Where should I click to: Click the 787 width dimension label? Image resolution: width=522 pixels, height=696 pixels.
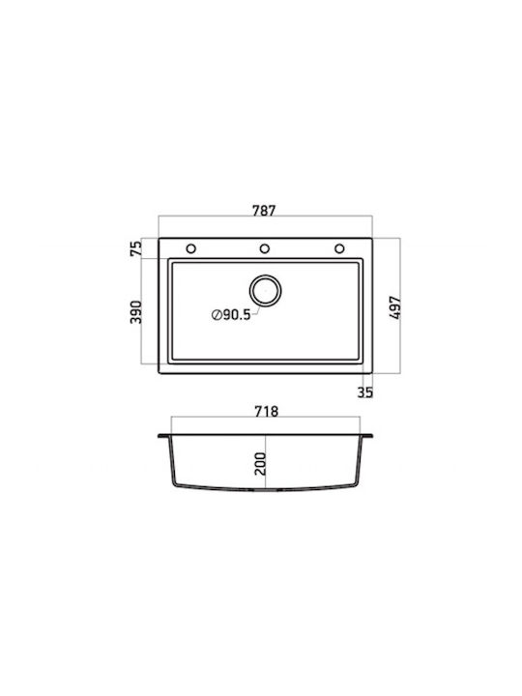264,210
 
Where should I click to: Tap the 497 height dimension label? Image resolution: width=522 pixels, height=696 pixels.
395,307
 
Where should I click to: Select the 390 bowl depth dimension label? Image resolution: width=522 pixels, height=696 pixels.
136,312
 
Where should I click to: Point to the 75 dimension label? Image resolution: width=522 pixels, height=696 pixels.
136,248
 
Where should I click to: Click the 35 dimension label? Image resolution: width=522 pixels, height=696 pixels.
364,392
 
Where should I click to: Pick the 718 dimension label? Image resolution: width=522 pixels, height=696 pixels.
267,412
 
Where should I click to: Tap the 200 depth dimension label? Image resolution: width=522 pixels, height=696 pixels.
260,464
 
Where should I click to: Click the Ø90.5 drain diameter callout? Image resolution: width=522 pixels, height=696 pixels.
231,315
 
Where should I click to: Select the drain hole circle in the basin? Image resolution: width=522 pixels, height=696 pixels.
266,291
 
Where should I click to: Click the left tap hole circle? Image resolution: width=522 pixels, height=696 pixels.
190,248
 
